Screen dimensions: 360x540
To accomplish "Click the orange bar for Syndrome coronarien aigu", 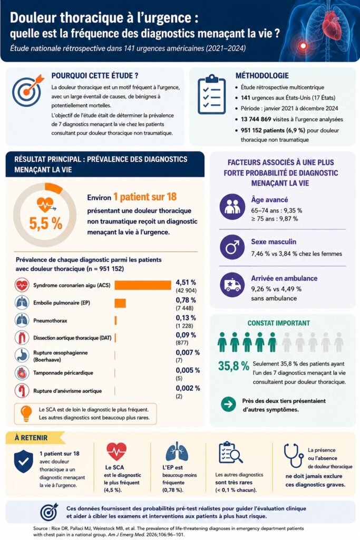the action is tap(143, 285).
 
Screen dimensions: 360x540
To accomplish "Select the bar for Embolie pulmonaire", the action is tap(120, 303).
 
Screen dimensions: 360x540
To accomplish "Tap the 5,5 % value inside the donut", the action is tap(46, 224).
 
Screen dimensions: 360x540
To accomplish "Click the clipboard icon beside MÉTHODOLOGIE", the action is tap(212, 94).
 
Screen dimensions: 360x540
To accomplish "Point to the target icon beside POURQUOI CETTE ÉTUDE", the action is tap(28, 91).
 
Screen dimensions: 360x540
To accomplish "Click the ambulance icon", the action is tap(232, 285).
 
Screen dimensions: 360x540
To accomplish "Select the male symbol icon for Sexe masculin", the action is tap(232, 247).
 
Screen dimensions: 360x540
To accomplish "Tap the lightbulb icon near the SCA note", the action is tap(26, 413).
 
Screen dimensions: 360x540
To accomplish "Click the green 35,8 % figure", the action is tap(233, 366).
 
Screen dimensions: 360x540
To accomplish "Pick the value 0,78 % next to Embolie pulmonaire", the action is tap(186, 300).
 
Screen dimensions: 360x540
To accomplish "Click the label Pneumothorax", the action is tap(50, 321).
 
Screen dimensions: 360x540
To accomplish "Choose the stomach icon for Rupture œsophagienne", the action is tap(22, 355).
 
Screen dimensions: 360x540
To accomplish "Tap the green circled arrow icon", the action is tap(229, 404).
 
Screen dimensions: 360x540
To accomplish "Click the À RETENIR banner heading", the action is tap(31, 438).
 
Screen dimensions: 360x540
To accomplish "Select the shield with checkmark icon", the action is tap(23, 461).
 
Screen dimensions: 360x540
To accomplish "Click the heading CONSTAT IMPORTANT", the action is tap(279, 323).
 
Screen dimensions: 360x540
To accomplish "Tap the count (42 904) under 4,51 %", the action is tap(186, 291).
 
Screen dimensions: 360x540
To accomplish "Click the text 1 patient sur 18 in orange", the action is tap(145, 197).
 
